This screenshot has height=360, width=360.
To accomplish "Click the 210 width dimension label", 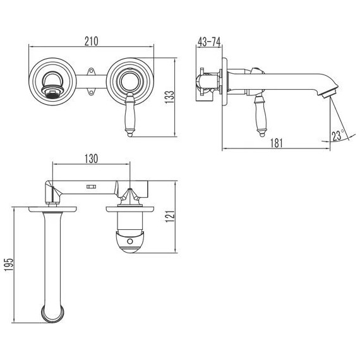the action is (92, 41).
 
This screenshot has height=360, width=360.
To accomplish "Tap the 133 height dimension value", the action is (170, 97).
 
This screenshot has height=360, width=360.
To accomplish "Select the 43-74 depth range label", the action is (209, 42).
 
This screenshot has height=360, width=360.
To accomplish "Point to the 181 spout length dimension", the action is (276, 143).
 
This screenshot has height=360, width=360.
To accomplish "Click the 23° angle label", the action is (338, 135).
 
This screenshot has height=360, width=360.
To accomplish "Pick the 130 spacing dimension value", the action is (92, 159).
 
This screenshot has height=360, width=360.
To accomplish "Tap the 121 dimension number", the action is (171, 216).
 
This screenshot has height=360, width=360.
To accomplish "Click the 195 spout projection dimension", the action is (9, 265).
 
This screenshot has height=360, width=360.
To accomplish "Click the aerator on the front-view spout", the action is (52, 90).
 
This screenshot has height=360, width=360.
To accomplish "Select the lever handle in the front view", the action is (130, 115).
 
